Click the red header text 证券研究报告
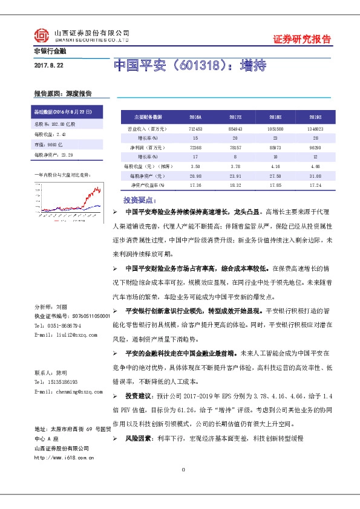[x=302, y=40]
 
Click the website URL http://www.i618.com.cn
[x=65, y=458]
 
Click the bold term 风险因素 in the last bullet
[x=138, y=437]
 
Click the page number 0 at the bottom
[x=182, y=470]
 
